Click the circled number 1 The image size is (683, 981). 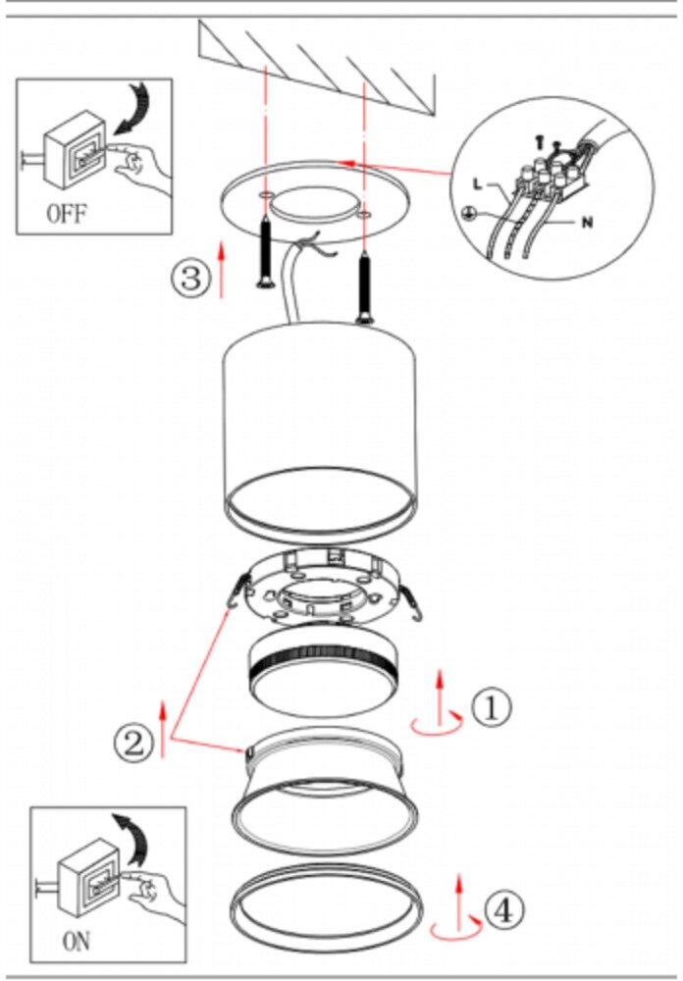pos(491,706)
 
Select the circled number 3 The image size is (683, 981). pos(190,278)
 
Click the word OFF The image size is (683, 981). pos(66,214)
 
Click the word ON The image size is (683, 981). pos(76,943)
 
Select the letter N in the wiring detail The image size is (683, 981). pos(587,223)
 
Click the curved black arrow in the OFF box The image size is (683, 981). pos(135,108)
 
